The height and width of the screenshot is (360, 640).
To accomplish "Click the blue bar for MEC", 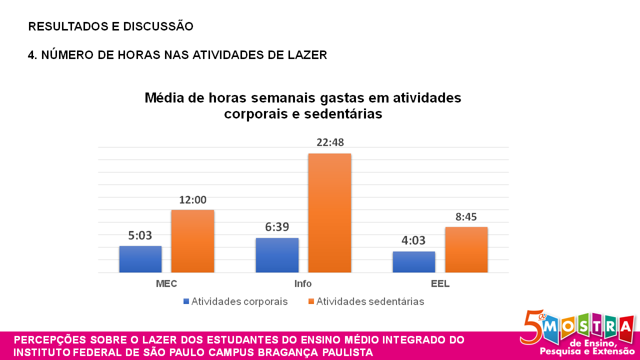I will [x=140, y=259].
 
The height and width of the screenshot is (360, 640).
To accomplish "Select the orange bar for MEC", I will [x=192, y=241].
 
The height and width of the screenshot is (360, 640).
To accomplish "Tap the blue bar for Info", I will [x=277, y=255].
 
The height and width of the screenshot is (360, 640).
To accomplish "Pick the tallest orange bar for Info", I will [x=329, y=213].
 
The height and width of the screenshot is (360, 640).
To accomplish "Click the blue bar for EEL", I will [x=413, y=262].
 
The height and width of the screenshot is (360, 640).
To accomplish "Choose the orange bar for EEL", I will [x=466, y=249].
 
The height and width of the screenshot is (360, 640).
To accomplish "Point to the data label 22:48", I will [x=330, y=142].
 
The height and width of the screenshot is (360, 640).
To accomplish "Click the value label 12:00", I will [x=193, y=200].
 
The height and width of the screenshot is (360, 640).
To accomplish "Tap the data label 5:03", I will [x=140, y=235].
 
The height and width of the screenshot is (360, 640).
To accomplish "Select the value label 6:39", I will [x=277, y=227].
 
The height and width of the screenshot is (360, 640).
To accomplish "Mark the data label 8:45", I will [x=466, y=217].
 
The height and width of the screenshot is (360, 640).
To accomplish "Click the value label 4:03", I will [x=413, y=241].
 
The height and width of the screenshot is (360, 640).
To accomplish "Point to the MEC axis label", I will [x=166, y=283].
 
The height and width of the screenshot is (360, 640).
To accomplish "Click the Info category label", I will [x=303, y=283].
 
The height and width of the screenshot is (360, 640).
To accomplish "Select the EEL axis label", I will [x=440, y=283].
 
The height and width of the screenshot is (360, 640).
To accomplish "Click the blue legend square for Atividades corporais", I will [x=186, y=301].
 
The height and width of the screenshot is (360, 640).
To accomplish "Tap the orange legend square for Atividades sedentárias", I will [x=311, y=301].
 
